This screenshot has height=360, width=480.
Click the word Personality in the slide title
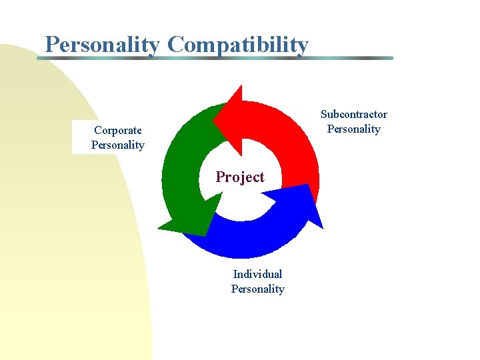102,45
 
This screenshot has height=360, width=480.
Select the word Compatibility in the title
238,45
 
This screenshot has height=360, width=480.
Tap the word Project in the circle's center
239,177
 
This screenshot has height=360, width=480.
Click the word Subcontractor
353,115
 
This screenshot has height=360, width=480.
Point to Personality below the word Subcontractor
353,129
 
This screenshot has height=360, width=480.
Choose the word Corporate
117,131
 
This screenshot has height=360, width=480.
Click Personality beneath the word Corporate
117,145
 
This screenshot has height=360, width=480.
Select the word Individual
257,274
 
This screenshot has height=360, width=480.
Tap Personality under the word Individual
257,289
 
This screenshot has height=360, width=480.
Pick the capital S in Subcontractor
324,115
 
